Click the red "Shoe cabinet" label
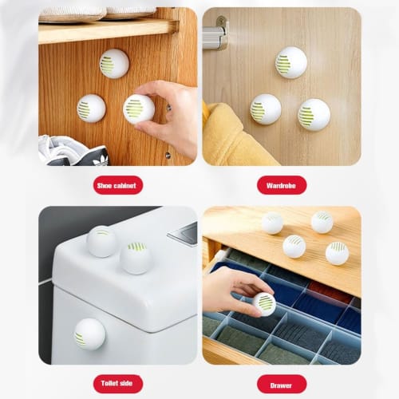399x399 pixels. (x=117, y=185)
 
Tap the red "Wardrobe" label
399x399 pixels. (x=282, y=185)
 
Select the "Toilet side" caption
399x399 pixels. (x=117, y=384)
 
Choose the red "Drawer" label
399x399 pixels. (x=282, y=384)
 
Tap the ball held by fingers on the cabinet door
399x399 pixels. (x=139, y=109)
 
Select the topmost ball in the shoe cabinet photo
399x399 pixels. (x=114, y=64)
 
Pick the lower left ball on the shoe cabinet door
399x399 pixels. (x=91, y=109)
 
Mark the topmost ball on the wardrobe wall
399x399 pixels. (x=291, y=63)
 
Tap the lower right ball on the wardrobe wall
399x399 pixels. (x=314, y=114)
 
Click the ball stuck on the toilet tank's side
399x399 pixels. (x=89, y=334)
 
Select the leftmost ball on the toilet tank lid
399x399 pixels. (x=102, y=241)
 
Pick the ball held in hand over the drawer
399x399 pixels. (x=263, y=303)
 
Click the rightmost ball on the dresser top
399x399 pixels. (x=337, y=253)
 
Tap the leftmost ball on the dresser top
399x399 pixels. (x=272, y=223)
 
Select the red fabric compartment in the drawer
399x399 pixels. (x=329, y=289)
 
